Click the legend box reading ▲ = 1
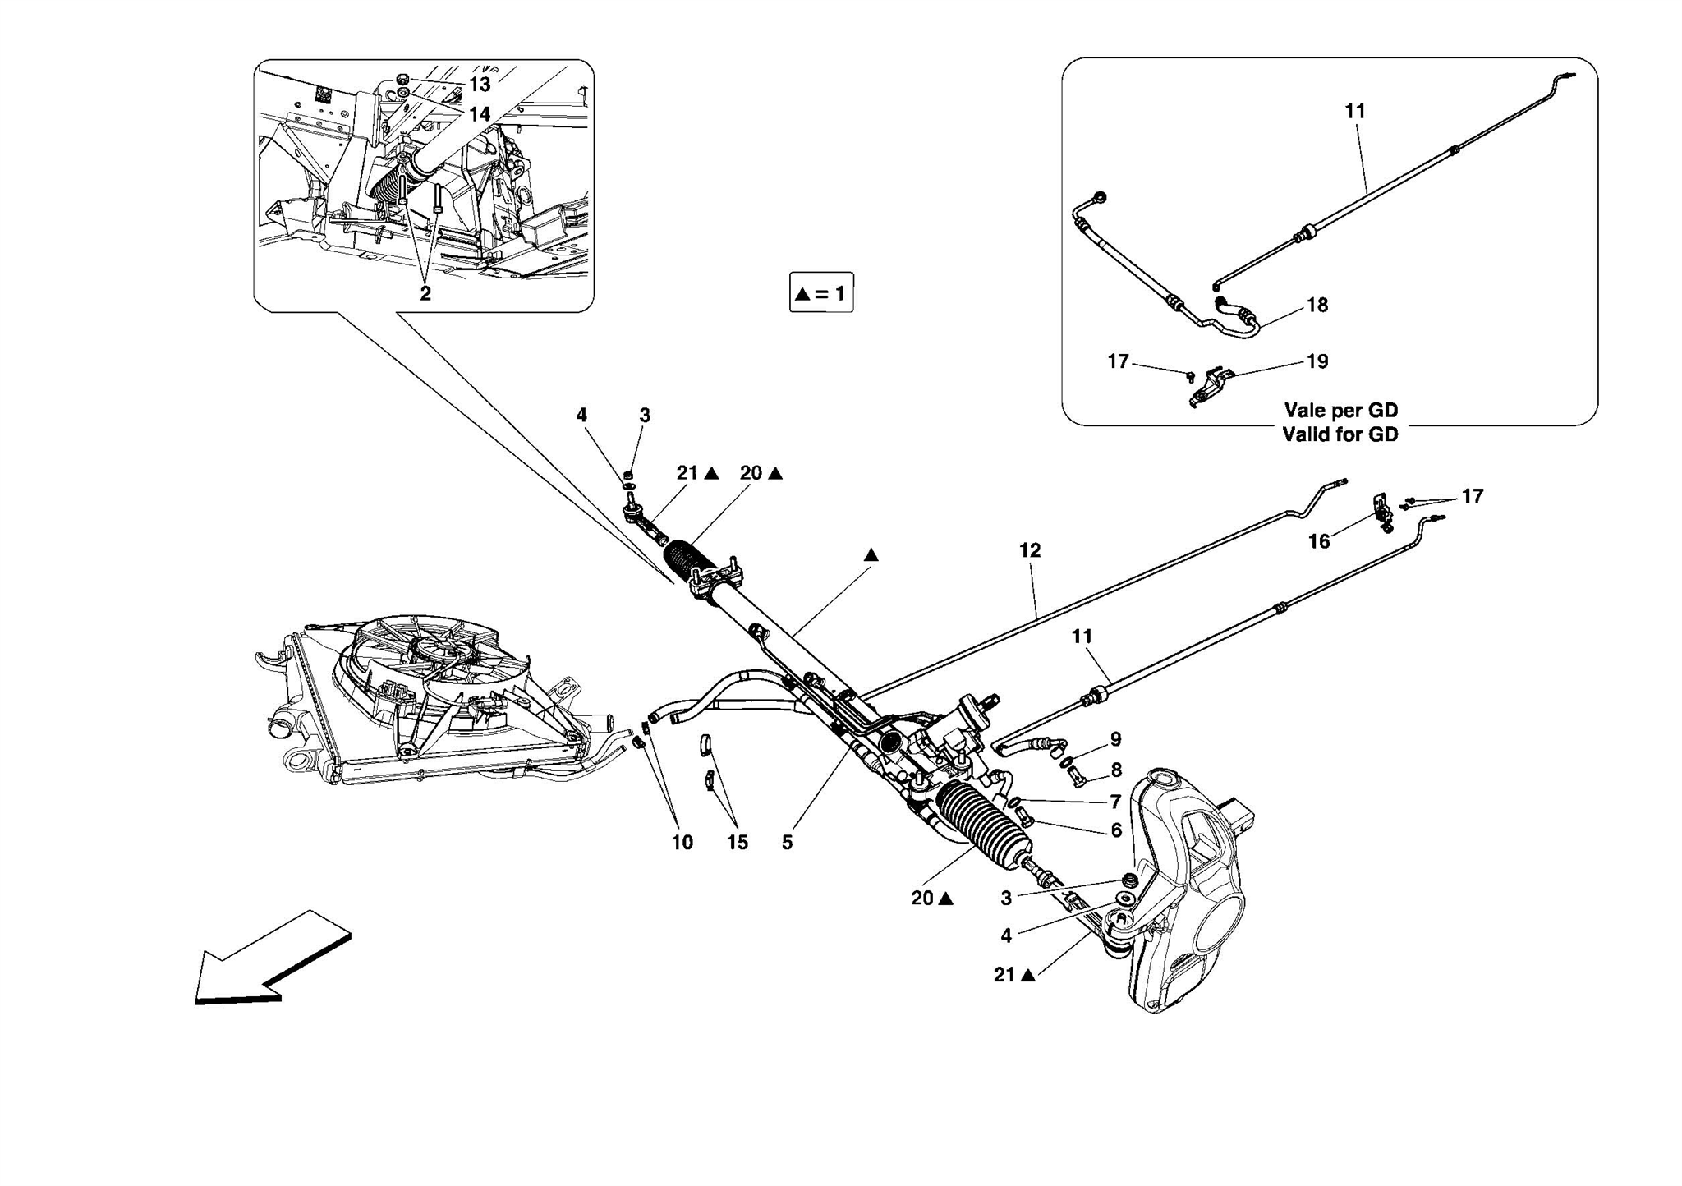(x=820, y=292)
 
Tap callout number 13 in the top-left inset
(x=480, y=85)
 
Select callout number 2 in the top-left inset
(x=425, y=293)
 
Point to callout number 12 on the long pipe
(x=1030, y=550)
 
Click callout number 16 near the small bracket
(x=1319, y=541)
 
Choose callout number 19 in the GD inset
(x=1317, y=361)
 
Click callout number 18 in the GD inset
(x=1317, y=306)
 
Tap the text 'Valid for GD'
(x=1340, y=434)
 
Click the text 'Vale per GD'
(x=1340, y=410)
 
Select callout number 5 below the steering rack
(x=787, y=843)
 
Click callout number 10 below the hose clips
(x=682, y=843)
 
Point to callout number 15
(x=737, y=843)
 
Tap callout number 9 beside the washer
(x=1115, y=739)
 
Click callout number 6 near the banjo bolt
(x=1115, y=830)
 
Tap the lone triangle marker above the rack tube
(x=871, y=556)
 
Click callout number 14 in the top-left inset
(x=480, y=114)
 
